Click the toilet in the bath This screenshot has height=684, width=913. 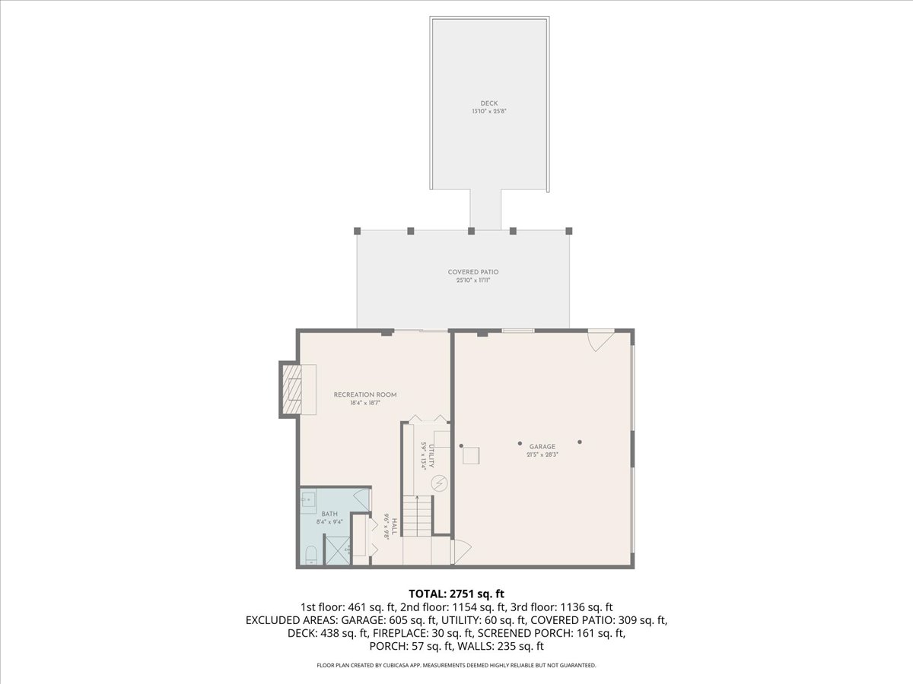pos(311,558)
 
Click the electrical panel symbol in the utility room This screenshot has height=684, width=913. pos(439,482)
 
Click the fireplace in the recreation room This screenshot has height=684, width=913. pos(292,389)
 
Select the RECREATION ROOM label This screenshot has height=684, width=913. pos(365,394)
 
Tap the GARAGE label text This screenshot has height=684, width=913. pos(542,447)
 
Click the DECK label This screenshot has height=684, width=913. pos(489,103)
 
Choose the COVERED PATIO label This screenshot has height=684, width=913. pos(472,272)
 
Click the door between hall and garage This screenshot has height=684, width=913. pos(460,552)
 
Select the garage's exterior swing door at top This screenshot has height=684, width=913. pos(600,339)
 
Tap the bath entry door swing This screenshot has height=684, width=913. pos(362,501)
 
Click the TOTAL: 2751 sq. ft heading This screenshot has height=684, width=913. pos(456,593)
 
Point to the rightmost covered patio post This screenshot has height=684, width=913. pos(569,230)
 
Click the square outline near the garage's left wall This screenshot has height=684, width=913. pos(472,455)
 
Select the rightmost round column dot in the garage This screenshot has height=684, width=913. pos(579,442)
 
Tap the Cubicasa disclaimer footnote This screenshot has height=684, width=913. pos(456,665)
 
